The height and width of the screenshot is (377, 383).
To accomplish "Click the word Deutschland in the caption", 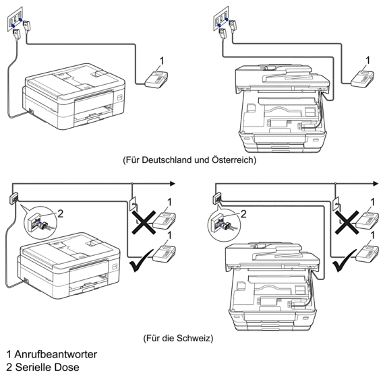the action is coord(167,160).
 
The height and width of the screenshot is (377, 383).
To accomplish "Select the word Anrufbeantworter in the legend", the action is coord(56,354).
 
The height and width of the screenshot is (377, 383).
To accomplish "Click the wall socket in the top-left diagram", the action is coord(15,19).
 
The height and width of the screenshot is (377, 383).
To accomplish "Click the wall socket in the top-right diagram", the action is coord(220,18).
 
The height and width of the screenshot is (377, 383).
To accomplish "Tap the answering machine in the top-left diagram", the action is coord(156,79).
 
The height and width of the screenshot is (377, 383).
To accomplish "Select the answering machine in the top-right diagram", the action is coord(362,79).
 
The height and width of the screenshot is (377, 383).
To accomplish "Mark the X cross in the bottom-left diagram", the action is coord(144,223).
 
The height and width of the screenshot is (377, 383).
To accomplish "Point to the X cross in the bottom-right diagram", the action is coord(347,223).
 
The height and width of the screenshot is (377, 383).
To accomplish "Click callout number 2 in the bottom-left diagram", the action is coord(60,214).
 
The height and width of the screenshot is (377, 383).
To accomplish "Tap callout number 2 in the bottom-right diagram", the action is coord(243,214).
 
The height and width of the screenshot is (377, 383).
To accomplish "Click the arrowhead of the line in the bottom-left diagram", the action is coord(173,183).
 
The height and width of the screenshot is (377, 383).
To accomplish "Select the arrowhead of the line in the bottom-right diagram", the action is coord(376,183).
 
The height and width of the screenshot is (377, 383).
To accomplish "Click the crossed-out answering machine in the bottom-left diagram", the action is coord(165,220).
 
